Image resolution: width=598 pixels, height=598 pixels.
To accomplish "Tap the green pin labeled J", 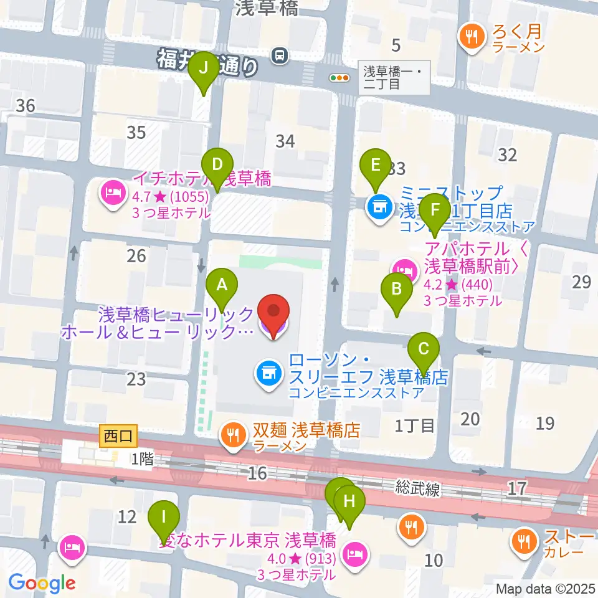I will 203,69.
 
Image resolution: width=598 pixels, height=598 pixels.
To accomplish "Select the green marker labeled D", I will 217,166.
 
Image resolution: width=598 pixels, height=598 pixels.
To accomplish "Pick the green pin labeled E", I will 375,166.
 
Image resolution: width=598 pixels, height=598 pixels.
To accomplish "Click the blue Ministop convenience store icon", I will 378,206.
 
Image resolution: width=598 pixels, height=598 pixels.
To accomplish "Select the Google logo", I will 42,583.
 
